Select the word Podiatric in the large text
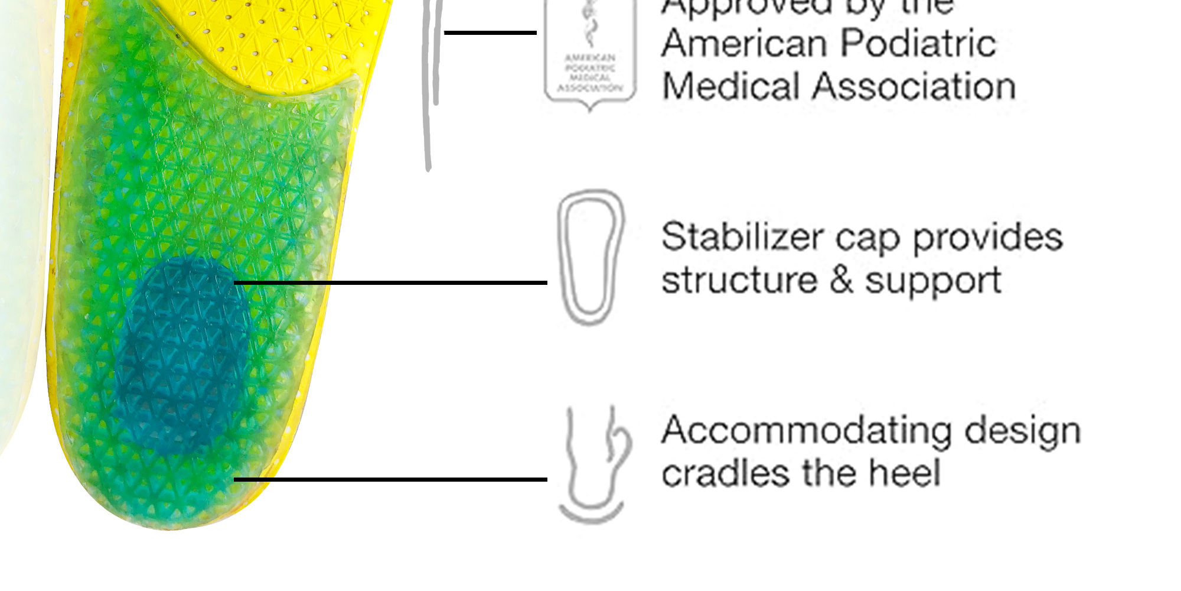coord(918,44)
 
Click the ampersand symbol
coord(841,280)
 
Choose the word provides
coord(988,238)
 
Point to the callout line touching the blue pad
coord(390,283)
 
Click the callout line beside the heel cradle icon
coord(390,479)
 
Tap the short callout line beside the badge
coord(490,33)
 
